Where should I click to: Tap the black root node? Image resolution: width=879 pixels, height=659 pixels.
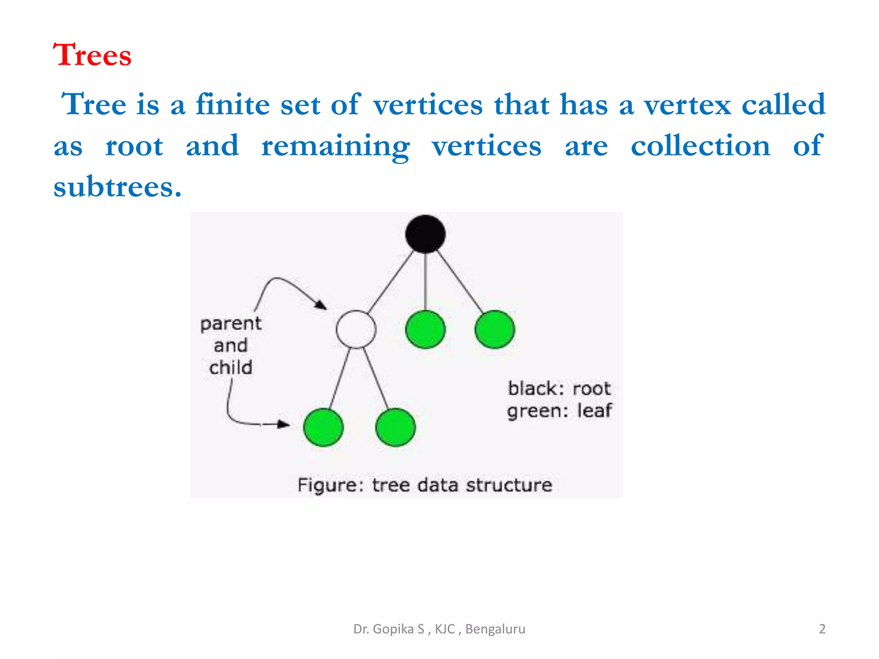click(425, 234)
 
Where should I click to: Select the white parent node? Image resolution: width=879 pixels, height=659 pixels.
click(356, 329)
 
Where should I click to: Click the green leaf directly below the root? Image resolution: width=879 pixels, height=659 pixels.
click(425, 329)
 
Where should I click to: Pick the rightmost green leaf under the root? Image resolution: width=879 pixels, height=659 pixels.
click(494, 329)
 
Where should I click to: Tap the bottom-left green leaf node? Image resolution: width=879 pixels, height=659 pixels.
click(323, 427)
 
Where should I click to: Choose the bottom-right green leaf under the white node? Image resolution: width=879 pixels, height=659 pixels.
click(395, 427)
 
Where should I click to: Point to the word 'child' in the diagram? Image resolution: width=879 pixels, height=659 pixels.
click(231, 368)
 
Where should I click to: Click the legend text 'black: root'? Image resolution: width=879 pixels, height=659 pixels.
click(559, 389)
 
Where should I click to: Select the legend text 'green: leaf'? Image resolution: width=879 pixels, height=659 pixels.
click(559, 411)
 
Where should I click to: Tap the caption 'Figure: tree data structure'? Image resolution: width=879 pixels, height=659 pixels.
click(425, 485)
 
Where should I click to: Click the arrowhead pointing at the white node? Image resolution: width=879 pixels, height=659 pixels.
click(321, 305)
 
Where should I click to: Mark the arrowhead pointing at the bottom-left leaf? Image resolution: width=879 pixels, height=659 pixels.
click(283, 424)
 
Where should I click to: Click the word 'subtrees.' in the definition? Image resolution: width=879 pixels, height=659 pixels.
click(118, 187)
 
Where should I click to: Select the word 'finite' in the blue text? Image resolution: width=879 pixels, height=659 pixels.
click(233, 104)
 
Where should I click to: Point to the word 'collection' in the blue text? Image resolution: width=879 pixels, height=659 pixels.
click(700, 146)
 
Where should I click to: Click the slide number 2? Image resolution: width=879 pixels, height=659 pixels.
click(822, 629)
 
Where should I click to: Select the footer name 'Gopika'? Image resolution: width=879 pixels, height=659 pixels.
click(398, 629)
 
